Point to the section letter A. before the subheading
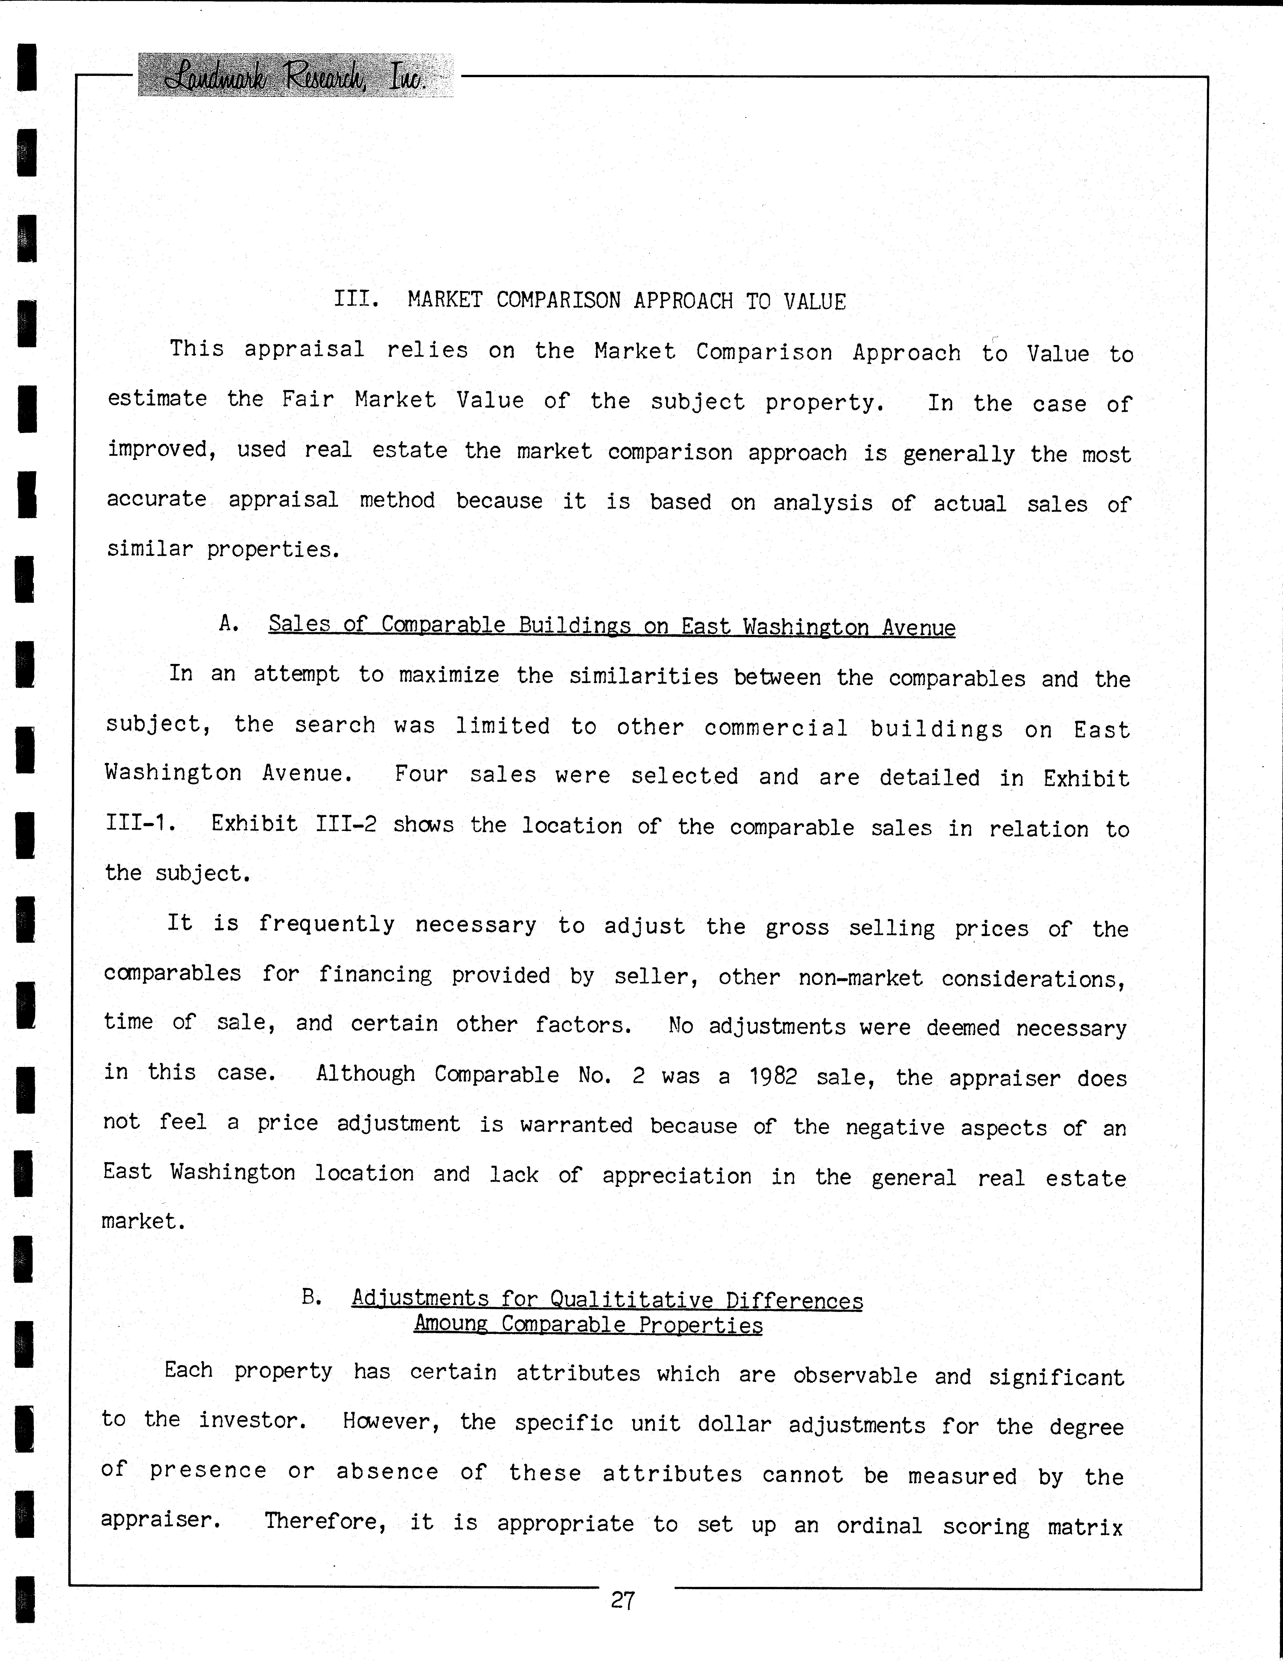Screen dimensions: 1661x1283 point(229,624)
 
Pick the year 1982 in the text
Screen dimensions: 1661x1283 point(773,1076)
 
